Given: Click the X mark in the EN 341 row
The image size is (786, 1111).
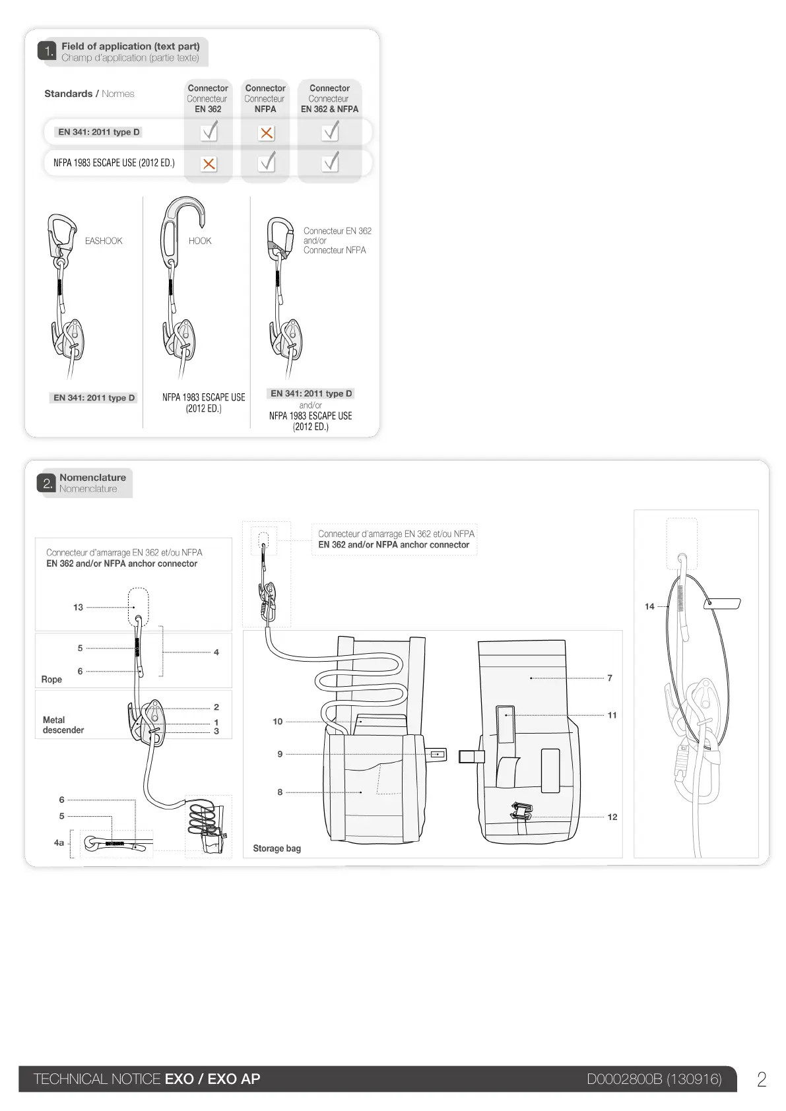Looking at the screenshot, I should click(x=266, y=133).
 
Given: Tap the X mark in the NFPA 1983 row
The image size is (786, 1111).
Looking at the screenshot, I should click(x=209, y=164).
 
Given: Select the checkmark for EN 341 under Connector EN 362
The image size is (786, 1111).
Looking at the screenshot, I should click(x=209, y=132).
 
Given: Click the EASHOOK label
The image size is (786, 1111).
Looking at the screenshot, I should click(x=104, y=241).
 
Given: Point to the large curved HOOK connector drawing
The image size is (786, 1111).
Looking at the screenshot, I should click(x=180, y=224).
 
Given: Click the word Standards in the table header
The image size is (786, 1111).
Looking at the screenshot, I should click(x=68, y=94).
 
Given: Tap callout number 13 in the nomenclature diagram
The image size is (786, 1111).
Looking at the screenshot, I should click(x=78, y=607).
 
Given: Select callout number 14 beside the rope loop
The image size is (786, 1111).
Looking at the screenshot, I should click(x=649, y=606).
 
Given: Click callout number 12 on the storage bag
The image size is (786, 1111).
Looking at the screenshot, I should click(x=612, y=817).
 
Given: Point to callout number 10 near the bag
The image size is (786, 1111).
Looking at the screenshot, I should click(x=277, y=721).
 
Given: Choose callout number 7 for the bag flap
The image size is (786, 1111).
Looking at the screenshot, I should click(x=609, y=678).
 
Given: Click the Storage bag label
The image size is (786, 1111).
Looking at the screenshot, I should click(x=277, y=848).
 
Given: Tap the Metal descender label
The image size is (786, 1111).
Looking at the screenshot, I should click(x=63, y=725).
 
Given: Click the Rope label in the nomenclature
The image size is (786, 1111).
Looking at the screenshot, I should click(x=51, y=680).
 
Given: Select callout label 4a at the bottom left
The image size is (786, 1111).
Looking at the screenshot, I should click(x=59, y=842).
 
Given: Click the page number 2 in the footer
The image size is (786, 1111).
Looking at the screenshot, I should click(x=762, y=1079).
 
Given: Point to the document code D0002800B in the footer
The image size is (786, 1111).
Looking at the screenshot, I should click(x=624, y=1079).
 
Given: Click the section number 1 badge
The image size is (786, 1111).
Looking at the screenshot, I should click(x=47, y=51).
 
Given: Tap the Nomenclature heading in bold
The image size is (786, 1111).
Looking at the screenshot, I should click(x=92, y=478).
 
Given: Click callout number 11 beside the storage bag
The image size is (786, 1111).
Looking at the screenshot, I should click(x=612, y=715).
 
